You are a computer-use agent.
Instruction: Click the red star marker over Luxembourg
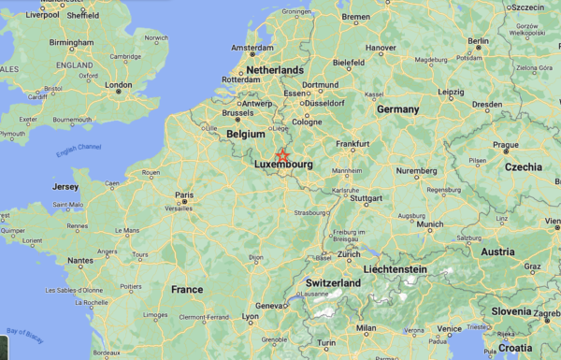click(282, 155)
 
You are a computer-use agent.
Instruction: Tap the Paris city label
click(184, 194)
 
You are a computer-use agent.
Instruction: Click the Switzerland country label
click(333, 282)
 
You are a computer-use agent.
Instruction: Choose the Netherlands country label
click(274, 70)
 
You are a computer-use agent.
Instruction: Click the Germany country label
click(397, 108)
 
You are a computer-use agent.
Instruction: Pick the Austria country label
click(497, 252)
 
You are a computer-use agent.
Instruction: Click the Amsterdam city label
click(252, 48)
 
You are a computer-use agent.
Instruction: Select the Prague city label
click(506, 145)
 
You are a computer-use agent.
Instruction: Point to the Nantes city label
click(80, 261)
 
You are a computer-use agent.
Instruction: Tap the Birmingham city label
click(72, 43)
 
